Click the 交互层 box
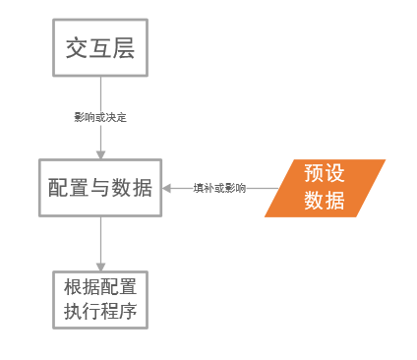click(99, 48)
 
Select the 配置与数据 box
click(99, 187)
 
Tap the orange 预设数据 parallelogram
click(325, 187)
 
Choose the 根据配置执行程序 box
click(99, 300)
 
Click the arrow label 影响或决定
click(99, 117)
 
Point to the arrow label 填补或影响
click(219, 187)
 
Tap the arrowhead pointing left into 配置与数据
click(167, 187)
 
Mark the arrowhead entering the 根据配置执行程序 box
click(99, 267)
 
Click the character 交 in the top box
click(77, 48)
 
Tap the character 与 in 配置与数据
click(99, 187)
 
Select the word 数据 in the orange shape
click(325, 200)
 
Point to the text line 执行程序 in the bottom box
click(99, 312)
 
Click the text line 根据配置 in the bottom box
click(99, 288)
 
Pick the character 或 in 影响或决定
click(99, 117)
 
